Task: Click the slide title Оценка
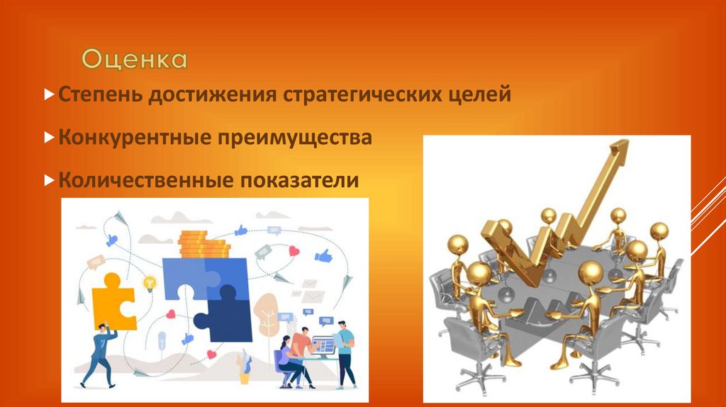(x=134, y=60)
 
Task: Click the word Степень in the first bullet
(x=99, y=95)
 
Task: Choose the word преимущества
(x=298, y=138)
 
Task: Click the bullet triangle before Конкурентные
(x=48, y=138)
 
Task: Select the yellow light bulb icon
(x=150, y=283)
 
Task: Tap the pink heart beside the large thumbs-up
(x=294, y=251)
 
